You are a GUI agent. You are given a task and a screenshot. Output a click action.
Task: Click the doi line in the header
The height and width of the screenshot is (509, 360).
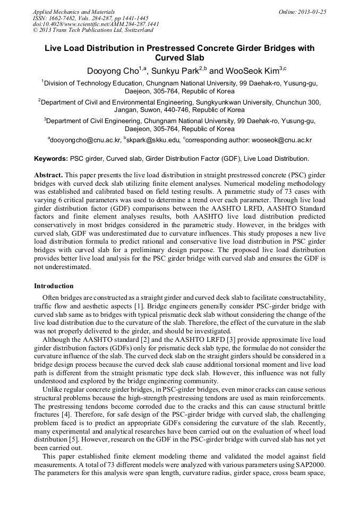(x=96, y=24)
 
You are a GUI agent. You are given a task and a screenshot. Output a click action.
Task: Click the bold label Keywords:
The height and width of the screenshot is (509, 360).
(x=51, y=159)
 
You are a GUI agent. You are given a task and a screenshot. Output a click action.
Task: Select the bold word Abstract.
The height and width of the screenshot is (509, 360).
(x=48, y=175)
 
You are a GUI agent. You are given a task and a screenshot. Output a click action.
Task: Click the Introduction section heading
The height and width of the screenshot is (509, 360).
(x=54, y=286)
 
